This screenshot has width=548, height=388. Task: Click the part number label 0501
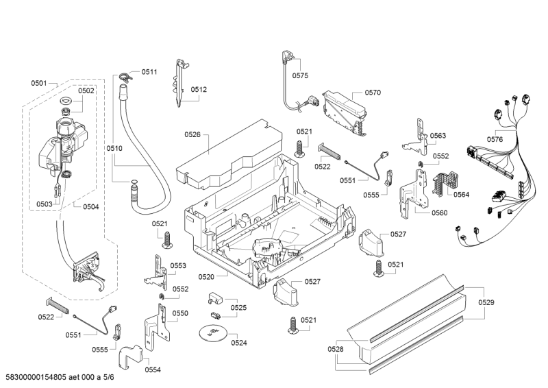[38, 83]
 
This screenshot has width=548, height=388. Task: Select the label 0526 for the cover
[192, 135]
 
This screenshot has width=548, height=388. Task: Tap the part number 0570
[373, 92]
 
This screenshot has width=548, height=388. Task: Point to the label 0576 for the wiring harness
[495, 139]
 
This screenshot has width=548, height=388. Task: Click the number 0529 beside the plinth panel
[486, 302]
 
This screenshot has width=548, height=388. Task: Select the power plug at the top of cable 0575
[286, 58]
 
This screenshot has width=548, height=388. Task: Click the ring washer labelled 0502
[66, 103]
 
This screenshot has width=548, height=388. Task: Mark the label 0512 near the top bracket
[199, 90]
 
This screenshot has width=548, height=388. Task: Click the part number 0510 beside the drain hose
[114, 148]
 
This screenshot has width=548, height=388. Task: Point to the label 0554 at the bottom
[153, 370]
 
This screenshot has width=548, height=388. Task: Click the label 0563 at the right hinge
[438, 136]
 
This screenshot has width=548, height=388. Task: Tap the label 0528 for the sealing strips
[336, 350]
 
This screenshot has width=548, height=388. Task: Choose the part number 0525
[238, 308]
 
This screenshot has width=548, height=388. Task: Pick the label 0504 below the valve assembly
[90, 206]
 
